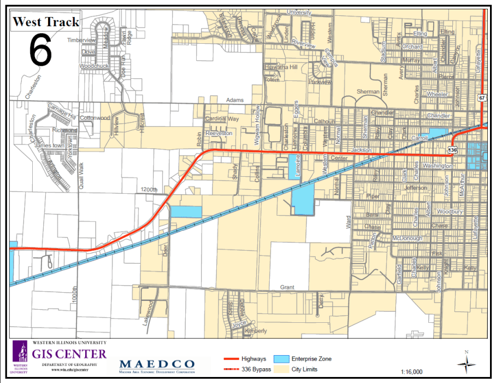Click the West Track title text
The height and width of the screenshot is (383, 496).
pos(46,22)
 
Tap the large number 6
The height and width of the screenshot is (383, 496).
pos(40,50)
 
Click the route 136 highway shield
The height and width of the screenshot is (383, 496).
pos(453,149)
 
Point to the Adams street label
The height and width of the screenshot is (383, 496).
pos(235,101)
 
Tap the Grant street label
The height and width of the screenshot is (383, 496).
pos(287,287)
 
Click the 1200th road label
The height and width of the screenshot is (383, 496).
pos(148,189)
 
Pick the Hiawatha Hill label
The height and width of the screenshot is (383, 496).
pos(281,67)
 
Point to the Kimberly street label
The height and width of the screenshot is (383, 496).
pos(256,331)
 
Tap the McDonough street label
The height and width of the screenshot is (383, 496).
pos(407,239)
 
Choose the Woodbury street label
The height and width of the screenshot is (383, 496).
pos(450,211)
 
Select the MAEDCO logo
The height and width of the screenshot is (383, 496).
pos(157,364)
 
